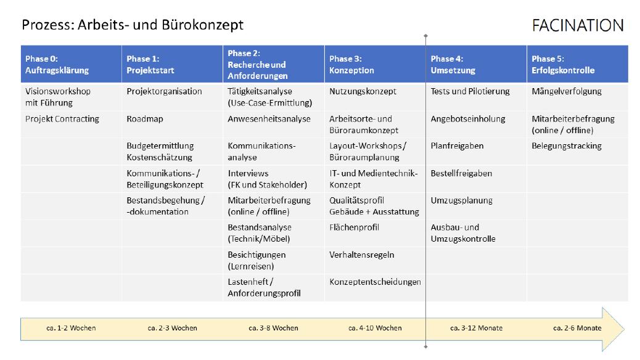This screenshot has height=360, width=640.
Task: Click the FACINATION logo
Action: click(x=578, y=25)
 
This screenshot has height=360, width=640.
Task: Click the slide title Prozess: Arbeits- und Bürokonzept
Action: click(x=133, y=25)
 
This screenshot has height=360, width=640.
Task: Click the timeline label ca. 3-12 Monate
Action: click(x=476, y=328)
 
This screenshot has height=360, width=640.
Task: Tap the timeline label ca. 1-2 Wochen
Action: click(x=71, y=328)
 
